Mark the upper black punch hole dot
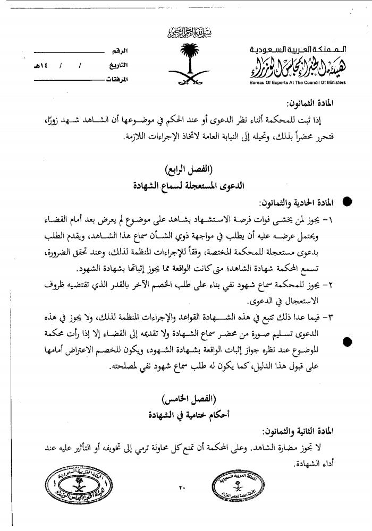tap(348, 202)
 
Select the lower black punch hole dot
tap(348, 341)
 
